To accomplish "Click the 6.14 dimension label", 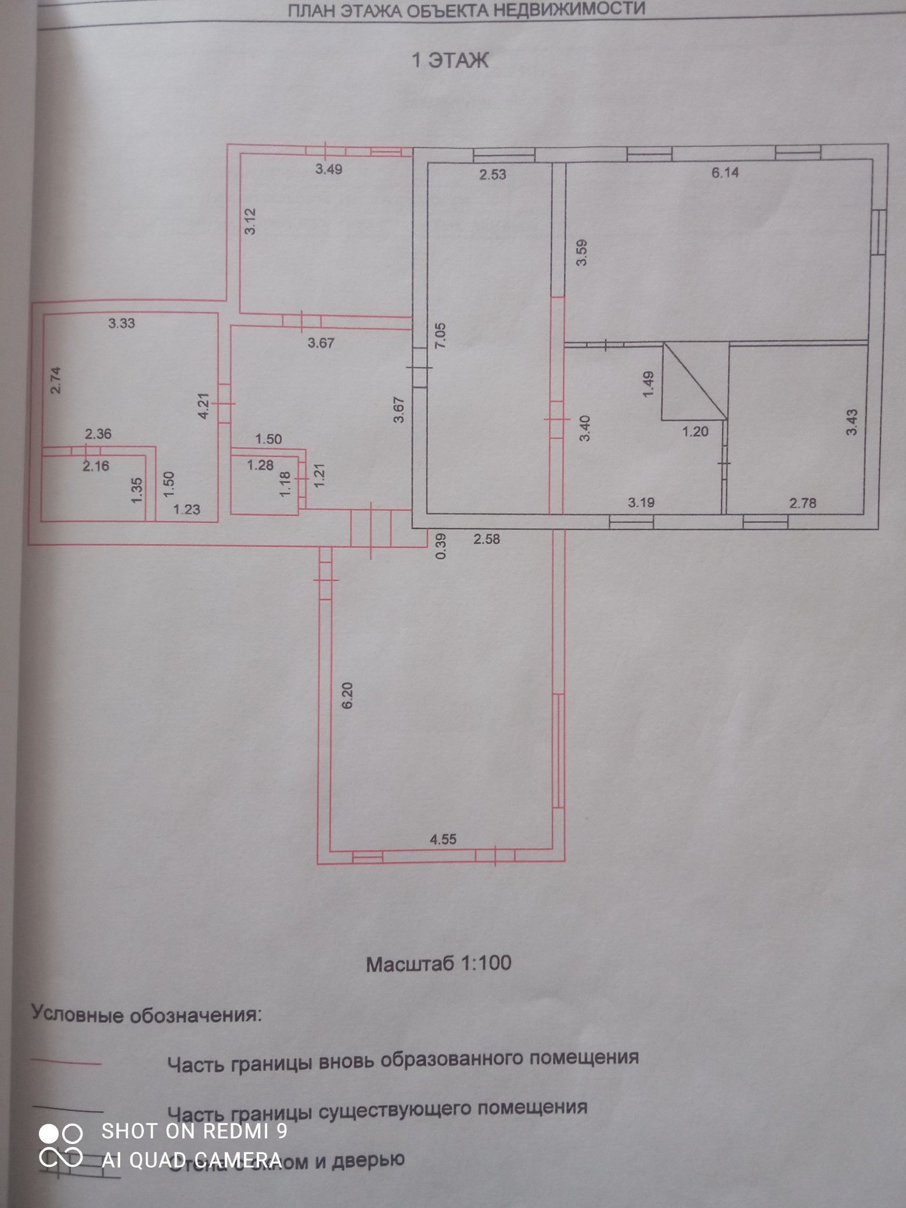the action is (725, 172).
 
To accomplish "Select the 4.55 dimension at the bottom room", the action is (443, 839).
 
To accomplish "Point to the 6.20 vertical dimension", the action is (347, 695).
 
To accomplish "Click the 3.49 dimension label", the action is (329, 170).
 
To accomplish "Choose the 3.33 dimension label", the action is (121, 323).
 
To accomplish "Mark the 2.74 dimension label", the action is (56, 380).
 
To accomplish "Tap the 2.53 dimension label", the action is (492, 174).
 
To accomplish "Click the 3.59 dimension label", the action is (582, 253).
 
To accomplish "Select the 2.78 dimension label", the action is (803, 503).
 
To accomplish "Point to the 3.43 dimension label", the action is (851, 422).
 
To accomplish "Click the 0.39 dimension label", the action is (441, 547).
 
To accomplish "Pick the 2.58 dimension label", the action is (486, 539).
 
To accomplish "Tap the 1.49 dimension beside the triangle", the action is (649, 384).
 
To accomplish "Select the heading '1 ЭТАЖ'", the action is (450, 60).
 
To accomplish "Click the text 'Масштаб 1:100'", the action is (438, 963).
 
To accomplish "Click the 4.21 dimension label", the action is (203, 406).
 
